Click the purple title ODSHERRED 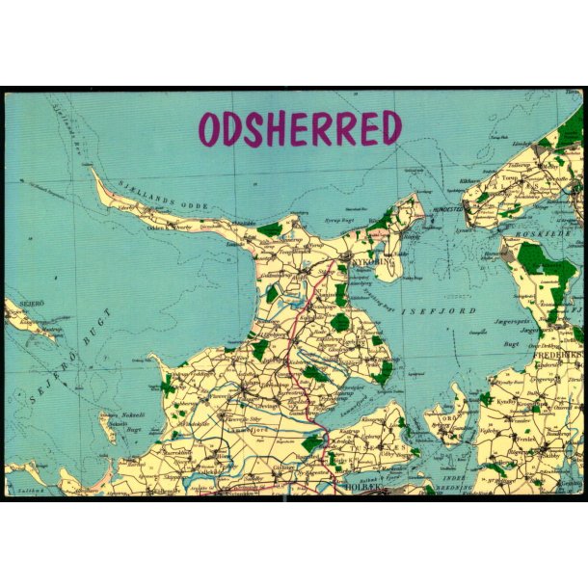pyautogui.click(x=300, y=128)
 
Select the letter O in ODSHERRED pyautogui.click(x=210, y=129)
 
